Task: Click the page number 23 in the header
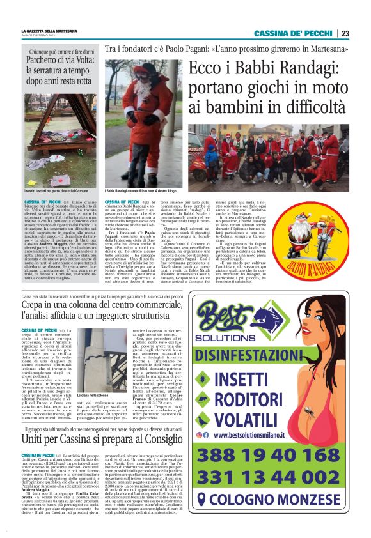345,33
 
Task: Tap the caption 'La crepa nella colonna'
94,397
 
